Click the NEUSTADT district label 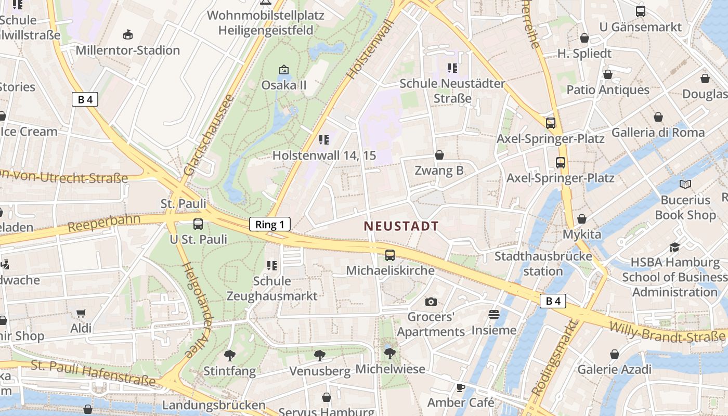[401, 226]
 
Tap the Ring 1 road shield [270, 225]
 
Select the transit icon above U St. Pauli [198, 224]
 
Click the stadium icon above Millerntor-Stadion [127, 35]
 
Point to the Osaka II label [284, 85]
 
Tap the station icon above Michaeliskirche [390, 255]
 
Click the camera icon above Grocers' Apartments [431, 302]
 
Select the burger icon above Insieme [493, 315]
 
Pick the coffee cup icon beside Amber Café [460, 387]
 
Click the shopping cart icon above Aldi [81, 313]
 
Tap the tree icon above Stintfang [229, 356]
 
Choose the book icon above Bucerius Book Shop [685, 184]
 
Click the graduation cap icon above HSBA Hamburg [674, 247]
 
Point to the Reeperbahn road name [104, 223]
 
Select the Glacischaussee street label [207, 135]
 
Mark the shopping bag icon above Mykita [582, 219]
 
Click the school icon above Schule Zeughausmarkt [271, 266]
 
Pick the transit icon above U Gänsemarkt [641, 11]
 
